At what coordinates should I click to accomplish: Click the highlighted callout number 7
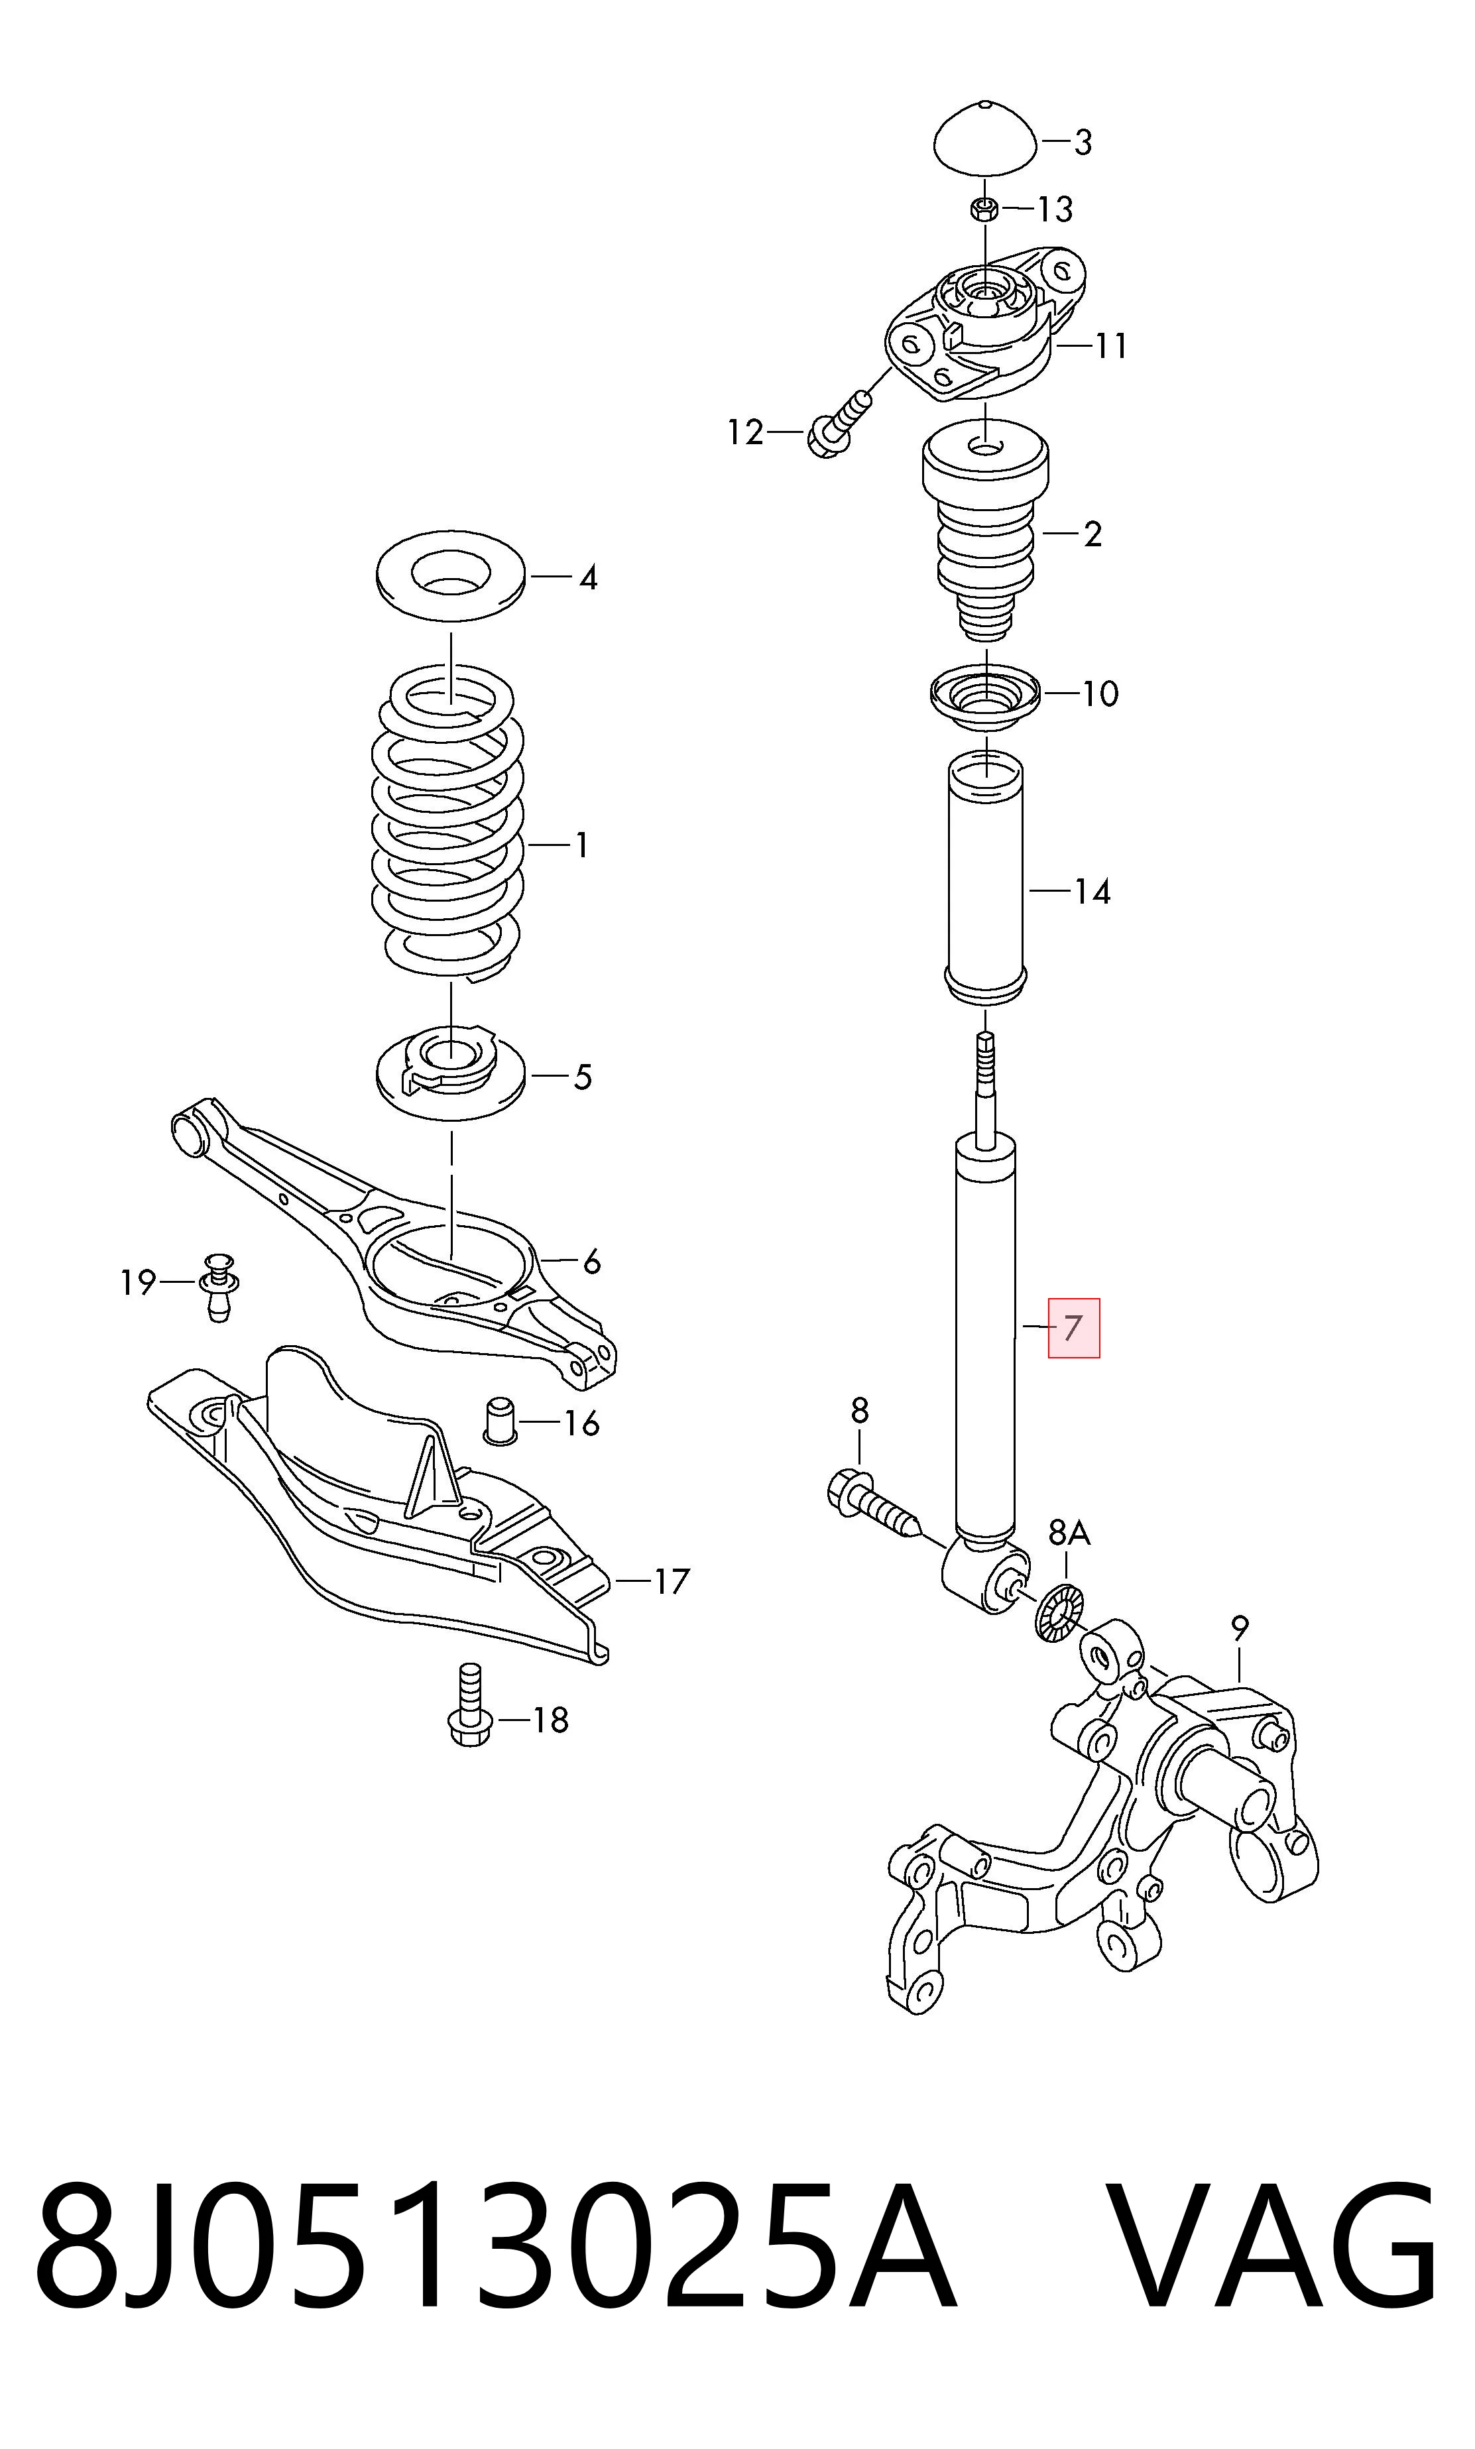(x=1073, y=1328)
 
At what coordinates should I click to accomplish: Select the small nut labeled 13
(x=984, y=209)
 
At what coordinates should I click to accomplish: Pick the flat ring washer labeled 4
(x=451, y=577)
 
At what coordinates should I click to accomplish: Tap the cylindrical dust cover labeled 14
(x=985, y=880)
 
